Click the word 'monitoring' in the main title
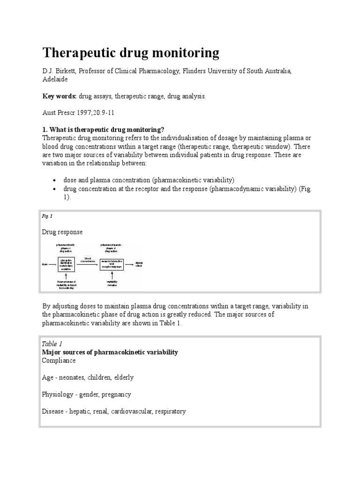[185, 53]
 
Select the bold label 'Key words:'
[60, 96]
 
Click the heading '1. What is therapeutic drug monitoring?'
[103, 130]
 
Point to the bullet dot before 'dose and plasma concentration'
[55, 180]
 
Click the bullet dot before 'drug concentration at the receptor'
[55, 189]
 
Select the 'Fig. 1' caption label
[47, 216]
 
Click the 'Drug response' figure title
[62, 232]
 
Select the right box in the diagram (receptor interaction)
[112, 264]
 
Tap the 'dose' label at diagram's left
[45, 264]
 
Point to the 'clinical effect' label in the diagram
[139, 264]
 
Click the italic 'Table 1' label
[52, 344]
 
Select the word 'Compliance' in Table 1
[59, 360]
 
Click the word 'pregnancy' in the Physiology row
[116, 395]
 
